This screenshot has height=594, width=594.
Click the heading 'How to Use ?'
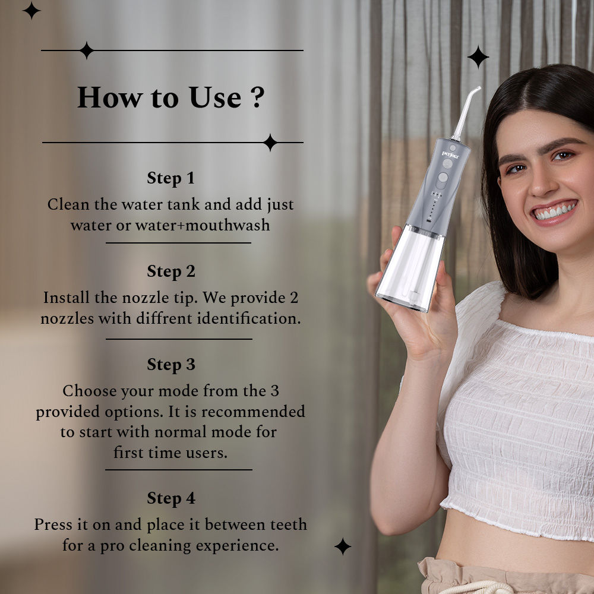[170, 97]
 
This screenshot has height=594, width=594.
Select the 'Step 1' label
[170, 178]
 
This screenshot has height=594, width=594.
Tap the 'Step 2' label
[170, 271]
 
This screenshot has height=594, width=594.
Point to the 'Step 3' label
[170, 364]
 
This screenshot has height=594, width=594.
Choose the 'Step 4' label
[170, 498]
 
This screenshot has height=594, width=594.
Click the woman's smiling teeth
[555, 211]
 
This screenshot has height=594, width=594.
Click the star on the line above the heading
[86, 50]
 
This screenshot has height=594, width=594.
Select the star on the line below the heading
[270, 143]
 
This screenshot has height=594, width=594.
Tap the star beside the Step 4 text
[342, 546]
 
